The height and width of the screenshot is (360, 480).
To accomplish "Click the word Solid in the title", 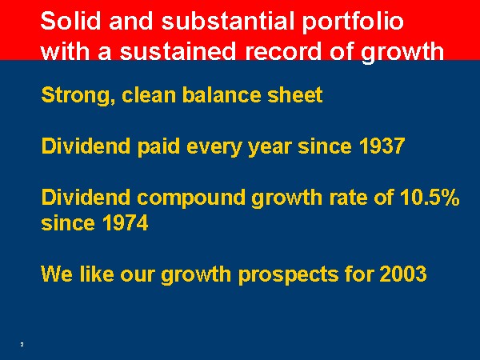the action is coord(70,21).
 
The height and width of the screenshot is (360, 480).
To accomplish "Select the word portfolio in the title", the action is coord(353,22).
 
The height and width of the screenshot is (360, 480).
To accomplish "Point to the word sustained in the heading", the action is coord(178,51).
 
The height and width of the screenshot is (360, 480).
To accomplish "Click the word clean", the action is coord(149,94).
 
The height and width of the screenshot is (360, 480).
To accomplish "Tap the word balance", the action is coord(222,94).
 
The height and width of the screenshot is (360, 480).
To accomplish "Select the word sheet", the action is coord(295,94).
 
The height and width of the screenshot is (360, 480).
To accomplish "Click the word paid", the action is coord(158,147).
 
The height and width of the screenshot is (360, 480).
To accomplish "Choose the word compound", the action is coord(191,198).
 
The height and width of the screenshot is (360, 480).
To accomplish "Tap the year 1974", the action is coord(126,222).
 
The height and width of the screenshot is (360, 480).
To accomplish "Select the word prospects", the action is coord(288,274).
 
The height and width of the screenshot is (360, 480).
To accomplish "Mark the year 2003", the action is coord(403,274).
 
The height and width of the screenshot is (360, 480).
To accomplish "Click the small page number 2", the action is coord(22,345).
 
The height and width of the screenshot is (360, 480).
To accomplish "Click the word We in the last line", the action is coord(57,274).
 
